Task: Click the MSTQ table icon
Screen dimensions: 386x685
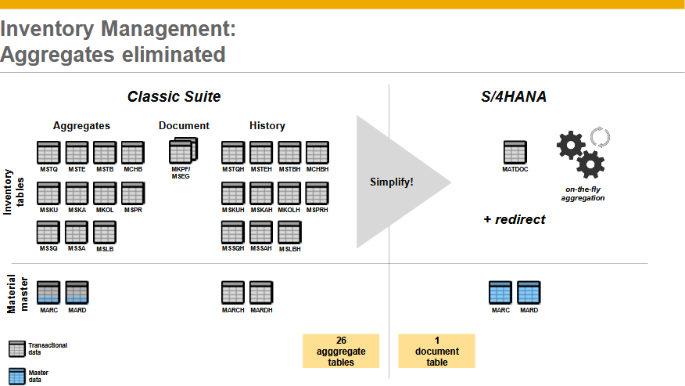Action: (x=48, y=152)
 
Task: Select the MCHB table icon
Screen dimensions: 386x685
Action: (x=133, y=152)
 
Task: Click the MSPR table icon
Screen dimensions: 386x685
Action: (x=133, y=193)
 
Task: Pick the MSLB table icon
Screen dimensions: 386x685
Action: (x=105, y=233)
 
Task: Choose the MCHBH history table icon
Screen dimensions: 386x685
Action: (x=317, y=152)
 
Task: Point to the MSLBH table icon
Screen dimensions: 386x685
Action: (x=289, y=233)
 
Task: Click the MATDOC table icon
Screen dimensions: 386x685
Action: (x=515, y=152)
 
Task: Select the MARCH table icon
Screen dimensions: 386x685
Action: (x=233, y=293)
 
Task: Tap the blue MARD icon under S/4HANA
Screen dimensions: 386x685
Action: (x=529, y=293)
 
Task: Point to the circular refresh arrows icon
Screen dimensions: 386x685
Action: (x=599, y=139)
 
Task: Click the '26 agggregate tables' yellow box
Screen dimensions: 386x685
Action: (x=341, y=351)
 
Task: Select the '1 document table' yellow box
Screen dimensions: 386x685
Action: (x=436, y=351)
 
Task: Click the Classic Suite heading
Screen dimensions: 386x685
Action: (x=174, y=97)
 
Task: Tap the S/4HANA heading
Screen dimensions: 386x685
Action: (x=513, y=97)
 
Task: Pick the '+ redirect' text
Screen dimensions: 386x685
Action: (x=514, y=219)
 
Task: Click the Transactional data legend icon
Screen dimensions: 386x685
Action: (x=17, y=348)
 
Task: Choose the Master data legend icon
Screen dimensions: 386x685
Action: (x=17, y=375)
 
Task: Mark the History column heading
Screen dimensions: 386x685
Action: (x=267, y=125)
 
